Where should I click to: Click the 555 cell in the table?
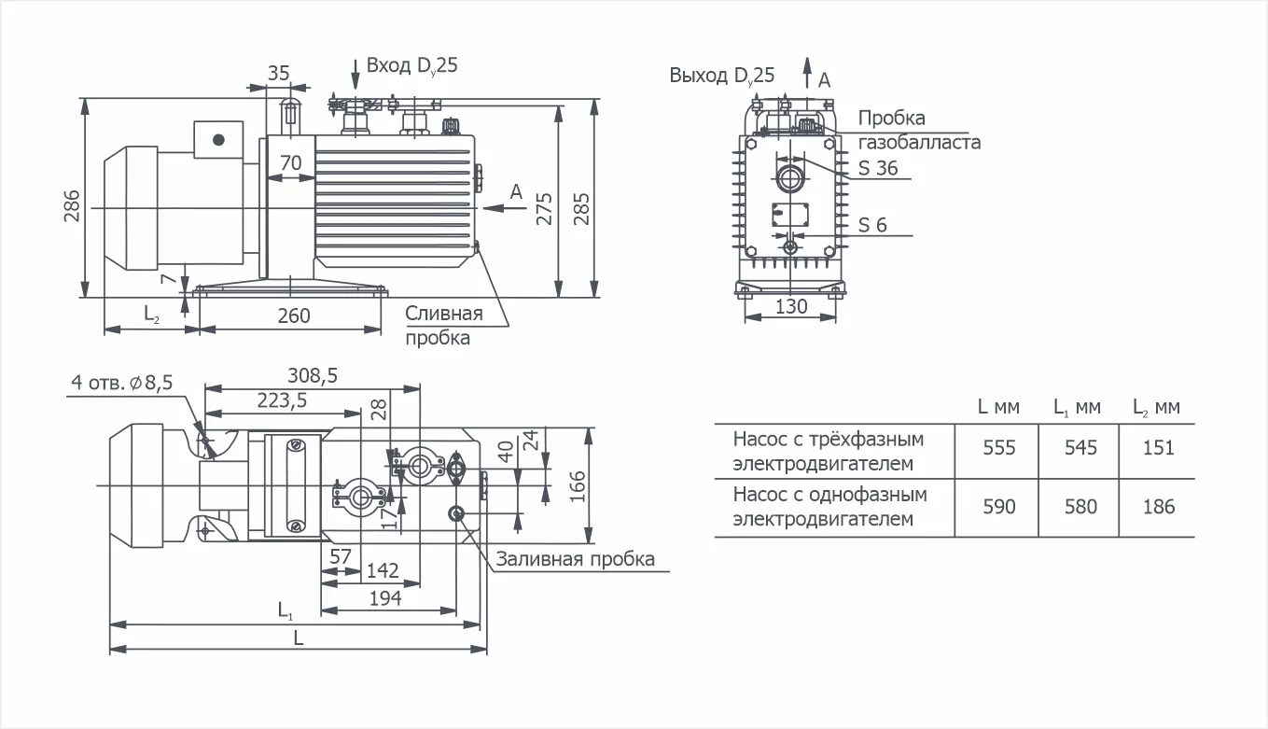(x=998, y=448)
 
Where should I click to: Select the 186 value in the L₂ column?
(x=1158, y=507)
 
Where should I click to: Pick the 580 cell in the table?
(x=1080, y=507)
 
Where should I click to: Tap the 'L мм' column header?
(x=998, y=407)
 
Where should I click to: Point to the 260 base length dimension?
(x=293, y=316)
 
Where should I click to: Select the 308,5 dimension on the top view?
(x=312, y=375)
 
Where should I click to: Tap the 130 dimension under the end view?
(x=791, y=305)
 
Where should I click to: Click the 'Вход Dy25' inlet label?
(x=411, y=65)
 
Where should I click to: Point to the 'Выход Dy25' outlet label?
(x=721, y=76)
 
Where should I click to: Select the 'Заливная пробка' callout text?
(x=575, y=559)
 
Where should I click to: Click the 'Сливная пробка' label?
(x=443, y=325)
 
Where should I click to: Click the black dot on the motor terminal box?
(x=218, y=140)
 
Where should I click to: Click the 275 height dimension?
(x=544, y=208)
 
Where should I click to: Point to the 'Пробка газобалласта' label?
(x=918, y=130)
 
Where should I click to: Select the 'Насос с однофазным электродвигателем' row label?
(x=829, y=506)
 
